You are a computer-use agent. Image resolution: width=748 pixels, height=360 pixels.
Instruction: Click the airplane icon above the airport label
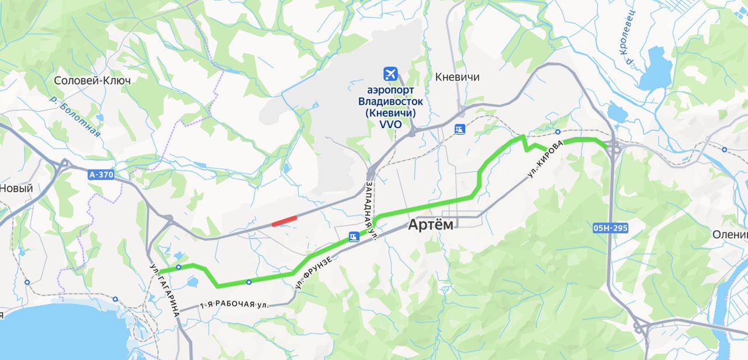[x=390, y=74]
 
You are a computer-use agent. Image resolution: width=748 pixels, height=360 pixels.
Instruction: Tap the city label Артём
[x=433, y=224]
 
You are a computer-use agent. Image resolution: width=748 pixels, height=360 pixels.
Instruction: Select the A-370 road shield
[x=101, y=174]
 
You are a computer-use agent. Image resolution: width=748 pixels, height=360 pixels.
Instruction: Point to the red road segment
[x=284, y=220]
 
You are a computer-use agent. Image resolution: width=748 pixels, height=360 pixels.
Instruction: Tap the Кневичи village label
[x=458, y=77]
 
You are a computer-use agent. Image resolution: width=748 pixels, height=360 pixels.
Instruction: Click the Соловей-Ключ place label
[x=92, y=80]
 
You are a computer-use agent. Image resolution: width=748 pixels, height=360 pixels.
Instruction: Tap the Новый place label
[x=16, y=188]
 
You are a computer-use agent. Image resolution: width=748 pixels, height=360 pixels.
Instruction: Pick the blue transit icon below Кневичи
[x=460, y=129]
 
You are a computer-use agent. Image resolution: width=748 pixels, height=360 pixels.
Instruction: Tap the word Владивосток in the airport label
[x=390, y=101]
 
